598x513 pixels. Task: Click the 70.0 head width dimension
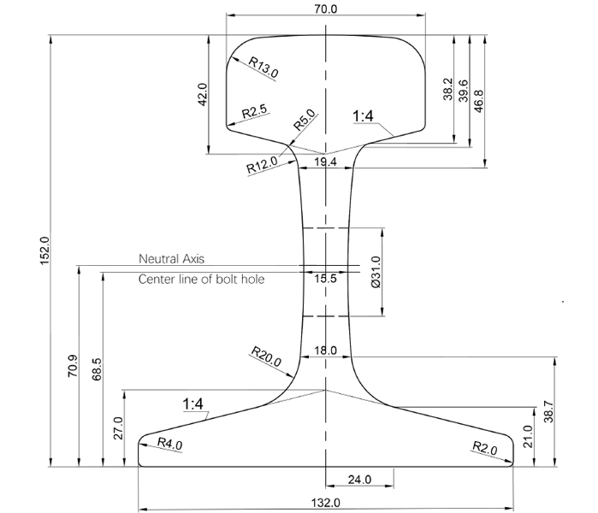(x=326, y=9)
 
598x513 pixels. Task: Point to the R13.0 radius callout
(x=263, y=68)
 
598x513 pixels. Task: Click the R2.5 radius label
(x=255, y=112)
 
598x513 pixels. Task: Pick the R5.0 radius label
(x=305, y=121)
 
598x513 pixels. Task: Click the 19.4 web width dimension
(x=326, y=161)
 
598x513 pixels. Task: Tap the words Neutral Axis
(x=172, y=258)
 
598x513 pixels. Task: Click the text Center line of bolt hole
(x=202, y=280)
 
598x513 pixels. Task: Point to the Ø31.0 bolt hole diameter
(x=376, y=272)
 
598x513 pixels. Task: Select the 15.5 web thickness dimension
(x=326, y=279)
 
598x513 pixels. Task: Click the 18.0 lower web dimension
(x=326, y=351)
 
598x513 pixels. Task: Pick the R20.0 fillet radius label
(x=266, y=357)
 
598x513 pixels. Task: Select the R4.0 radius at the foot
(x=171, y=443)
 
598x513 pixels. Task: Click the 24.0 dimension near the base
(x=360, y=480)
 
